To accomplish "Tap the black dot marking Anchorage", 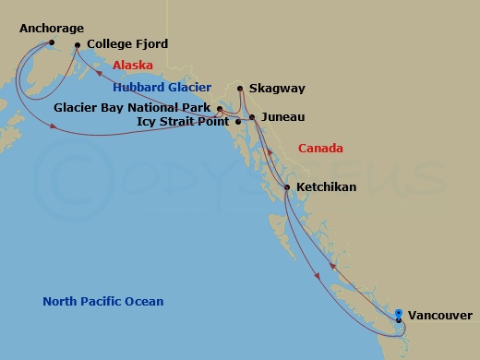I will tap(52, 42).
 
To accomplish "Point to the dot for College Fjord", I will tap(78, 44).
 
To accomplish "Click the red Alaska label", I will tap(132, 66).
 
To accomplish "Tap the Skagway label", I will tap(277, 89).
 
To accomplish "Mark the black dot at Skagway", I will tap(240, 89).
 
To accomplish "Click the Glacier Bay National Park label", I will tap(133, 107).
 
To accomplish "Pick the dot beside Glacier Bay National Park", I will tap(220, 108).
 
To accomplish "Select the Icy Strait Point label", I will tap(182, 121).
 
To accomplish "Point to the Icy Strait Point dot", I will tap(239, 121).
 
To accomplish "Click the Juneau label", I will tap(282, 117).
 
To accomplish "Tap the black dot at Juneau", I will tap(253, 117).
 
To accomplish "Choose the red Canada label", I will tap(320, 148).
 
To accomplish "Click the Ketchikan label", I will tap(327, 186).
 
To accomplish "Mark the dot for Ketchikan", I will tap(288, 187).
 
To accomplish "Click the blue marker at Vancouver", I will tap(399, 314).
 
